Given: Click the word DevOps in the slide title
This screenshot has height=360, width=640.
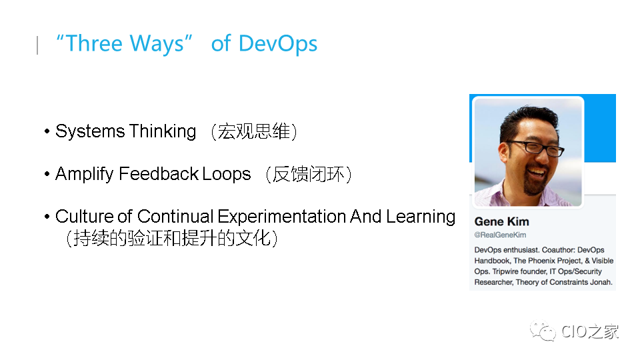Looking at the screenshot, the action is pos(278,44).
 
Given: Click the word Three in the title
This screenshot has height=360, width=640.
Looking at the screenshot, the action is pos(94,43).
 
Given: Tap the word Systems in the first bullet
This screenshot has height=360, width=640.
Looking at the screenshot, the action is pos(90,132).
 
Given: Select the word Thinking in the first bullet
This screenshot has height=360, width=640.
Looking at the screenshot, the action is pos(163,131).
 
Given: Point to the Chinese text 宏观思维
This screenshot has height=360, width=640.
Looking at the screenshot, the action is pos(253,131).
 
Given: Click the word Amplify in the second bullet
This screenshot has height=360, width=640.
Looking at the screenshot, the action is pos(85,174).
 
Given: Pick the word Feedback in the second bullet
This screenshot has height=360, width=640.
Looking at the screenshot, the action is pos(159,174).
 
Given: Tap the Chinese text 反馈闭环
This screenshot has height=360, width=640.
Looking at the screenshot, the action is pos(309,174).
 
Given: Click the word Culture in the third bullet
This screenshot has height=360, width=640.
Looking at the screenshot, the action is pos(84,216).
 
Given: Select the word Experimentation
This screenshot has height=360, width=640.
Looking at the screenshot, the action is pos(281,216).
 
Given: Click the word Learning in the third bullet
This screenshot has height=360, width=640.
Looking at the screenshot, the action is pos(421,217).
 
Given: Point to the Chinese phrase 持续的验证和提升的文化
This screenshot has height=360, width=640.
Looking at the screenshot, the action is pos(172,238).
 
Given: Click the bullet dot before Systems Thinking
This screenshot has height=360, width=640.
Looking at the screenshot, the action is pos(47,132).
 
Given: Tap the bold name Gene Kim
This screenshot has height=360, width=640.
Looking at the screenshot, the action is pos(501,221).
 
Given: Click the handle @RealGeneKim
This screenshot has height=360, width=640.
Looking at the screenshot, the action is pos(500,235).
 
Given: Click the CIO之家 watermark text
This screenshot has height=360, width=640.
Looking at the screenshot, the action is pos(589,331).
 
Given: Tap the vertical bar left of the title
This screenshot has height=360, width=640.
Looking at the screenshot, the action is pos(37,45).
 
